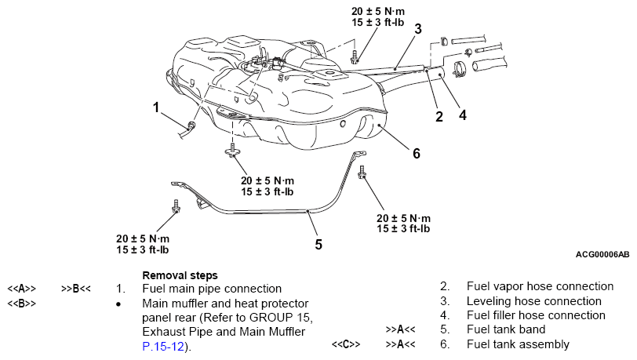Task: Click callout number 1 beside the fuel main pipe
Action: point(156,107)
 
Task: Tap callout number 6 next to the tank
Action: point(417,154)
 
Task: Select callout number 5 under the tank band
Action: point(318,245)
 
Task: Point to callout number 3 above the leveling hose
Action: point(418,29)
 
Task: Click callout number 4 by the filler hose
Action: point(463,115)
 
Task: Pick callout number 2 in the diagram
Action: point(439,117)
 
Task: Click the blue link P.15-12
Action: point(163,347)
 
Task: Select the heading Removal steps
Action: point(180,275)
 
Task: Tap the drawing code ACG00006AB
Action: point(602,255)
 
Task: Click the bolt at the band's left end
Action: point(176,206)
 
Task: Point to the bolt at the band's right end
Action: point(362,173)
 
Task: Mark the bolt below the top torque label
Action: point(355,57)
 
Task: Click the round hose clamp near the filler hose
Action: point(459,69)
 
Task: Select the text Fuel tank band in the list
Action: point(506,329)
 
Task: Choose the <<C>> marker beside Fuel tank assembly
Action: point(346,344)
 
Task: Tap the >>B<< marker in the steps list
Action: point(76,289)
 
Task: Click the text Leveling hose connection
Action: point(533,301)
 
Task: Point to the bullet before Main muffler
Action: point(118,304)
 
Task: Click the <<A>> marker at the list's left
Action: point(21,289)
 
